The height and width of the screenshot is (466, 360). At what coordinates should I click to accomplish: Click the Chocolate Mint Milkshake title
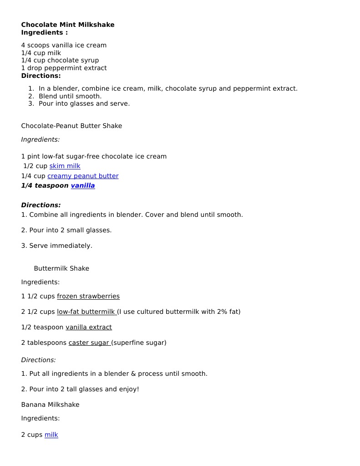pyautogui.click(x=68, y=25)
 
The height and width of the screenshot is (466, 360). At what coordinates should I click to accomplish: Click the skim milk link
pyautogui.click(x=65, y=166)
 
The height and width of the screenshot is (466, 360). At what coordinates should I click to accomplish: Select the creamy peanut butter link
pyautogui.click(x=83, y=176)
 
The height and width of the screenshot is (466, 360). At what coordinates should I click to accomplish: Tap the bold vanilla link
pyautogui.click(x=83, y=186)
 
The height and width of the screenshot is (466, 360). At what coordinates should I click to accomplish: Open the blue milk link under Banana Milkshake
pyautogui.click(x=51, y=435)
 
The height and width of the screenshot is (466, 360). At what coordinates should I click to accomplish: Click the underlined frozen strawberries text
pyautogui.click(x=88, y=296)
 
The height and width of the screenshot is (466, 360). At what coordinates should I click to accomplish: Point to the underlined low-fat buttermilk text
pyautogui.click(x=86, y=312)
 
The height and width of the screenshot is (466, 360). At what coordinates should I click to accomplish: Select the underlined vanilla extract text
pyautogui.click(x=89, y=327)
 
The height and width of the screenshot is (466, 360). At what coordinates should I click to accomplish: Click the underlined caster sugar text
pyautogui.click(x=90, y=343)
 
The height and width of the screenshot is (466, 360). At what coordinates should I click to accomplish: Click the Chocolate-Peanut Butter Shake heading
pyautogui.click(x=71, y=126)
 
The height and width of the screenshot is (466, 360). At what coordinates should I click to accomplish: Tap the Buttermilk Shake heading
pyautogui.click(x=61, y=268)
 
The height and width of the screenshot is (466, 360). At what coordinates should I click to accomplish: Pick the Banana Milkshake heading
pyautogui.click(x=50, y=405)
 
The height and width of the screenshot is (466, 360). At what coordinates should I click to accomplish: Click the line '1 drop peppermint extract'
pyautogui.click(x=64, y=68)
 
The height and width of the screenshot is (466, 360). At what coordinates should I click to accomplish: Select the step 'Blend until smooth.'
pyautogui.click(x=70, y=96)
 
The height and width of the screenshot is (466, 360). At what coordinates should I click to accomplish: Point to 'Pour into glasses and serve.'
pyautogui.click(x=84, y=103)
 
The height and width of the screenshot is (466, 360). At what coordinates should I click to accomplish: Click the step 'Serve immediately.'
pyautogui.click(x=61, y=246)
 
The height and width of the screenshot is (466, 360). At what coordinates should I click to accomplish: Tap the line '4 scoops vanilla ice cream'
pyautogui.click(x=64, y=45)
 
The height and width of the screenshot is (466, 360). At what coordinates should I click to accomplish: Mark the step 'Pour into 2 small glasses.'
pyautogui.click(x=70, y=230)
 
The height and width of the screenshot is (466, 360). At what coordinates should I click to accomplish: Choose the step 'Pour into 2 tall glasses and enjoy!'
pyautogui.click(x=84, y=389)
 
